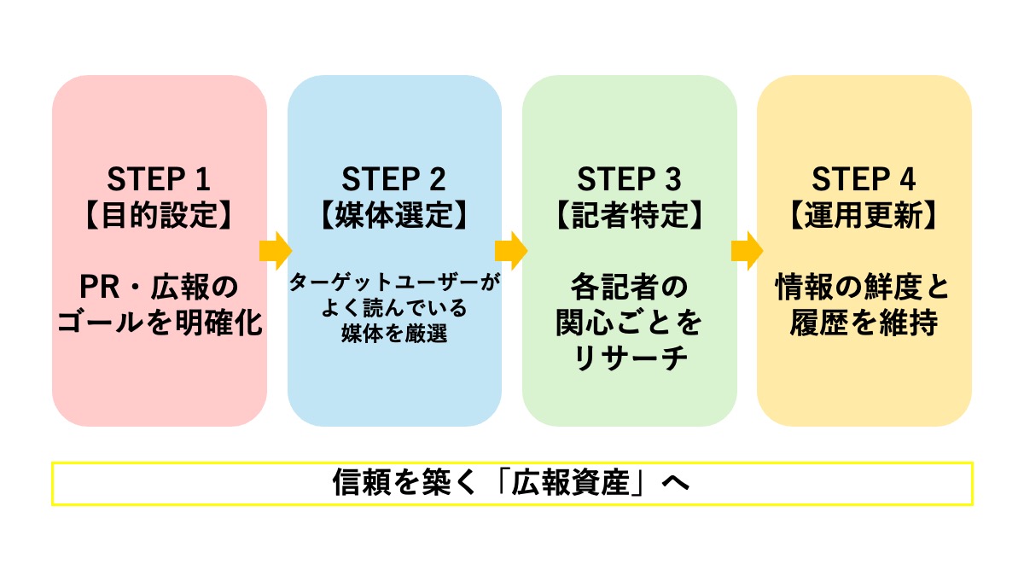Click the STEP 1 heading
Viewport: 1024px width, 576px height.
[159, 180]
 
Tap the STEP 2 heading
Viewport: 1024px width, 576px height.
[394, 180]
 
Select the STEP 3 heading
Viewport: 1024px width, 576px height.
[629, 180]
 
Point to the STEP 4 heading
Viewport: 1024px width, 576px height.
[864, 180]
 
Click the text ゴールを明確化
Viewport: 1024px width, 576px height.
[159, 325]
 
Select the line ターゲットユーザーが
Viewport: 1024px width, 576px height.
[394, 282]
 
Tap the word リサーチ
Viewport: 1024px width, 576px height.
[629, 359]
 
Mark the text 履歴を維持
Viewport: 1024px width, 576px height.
[864, 325]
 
